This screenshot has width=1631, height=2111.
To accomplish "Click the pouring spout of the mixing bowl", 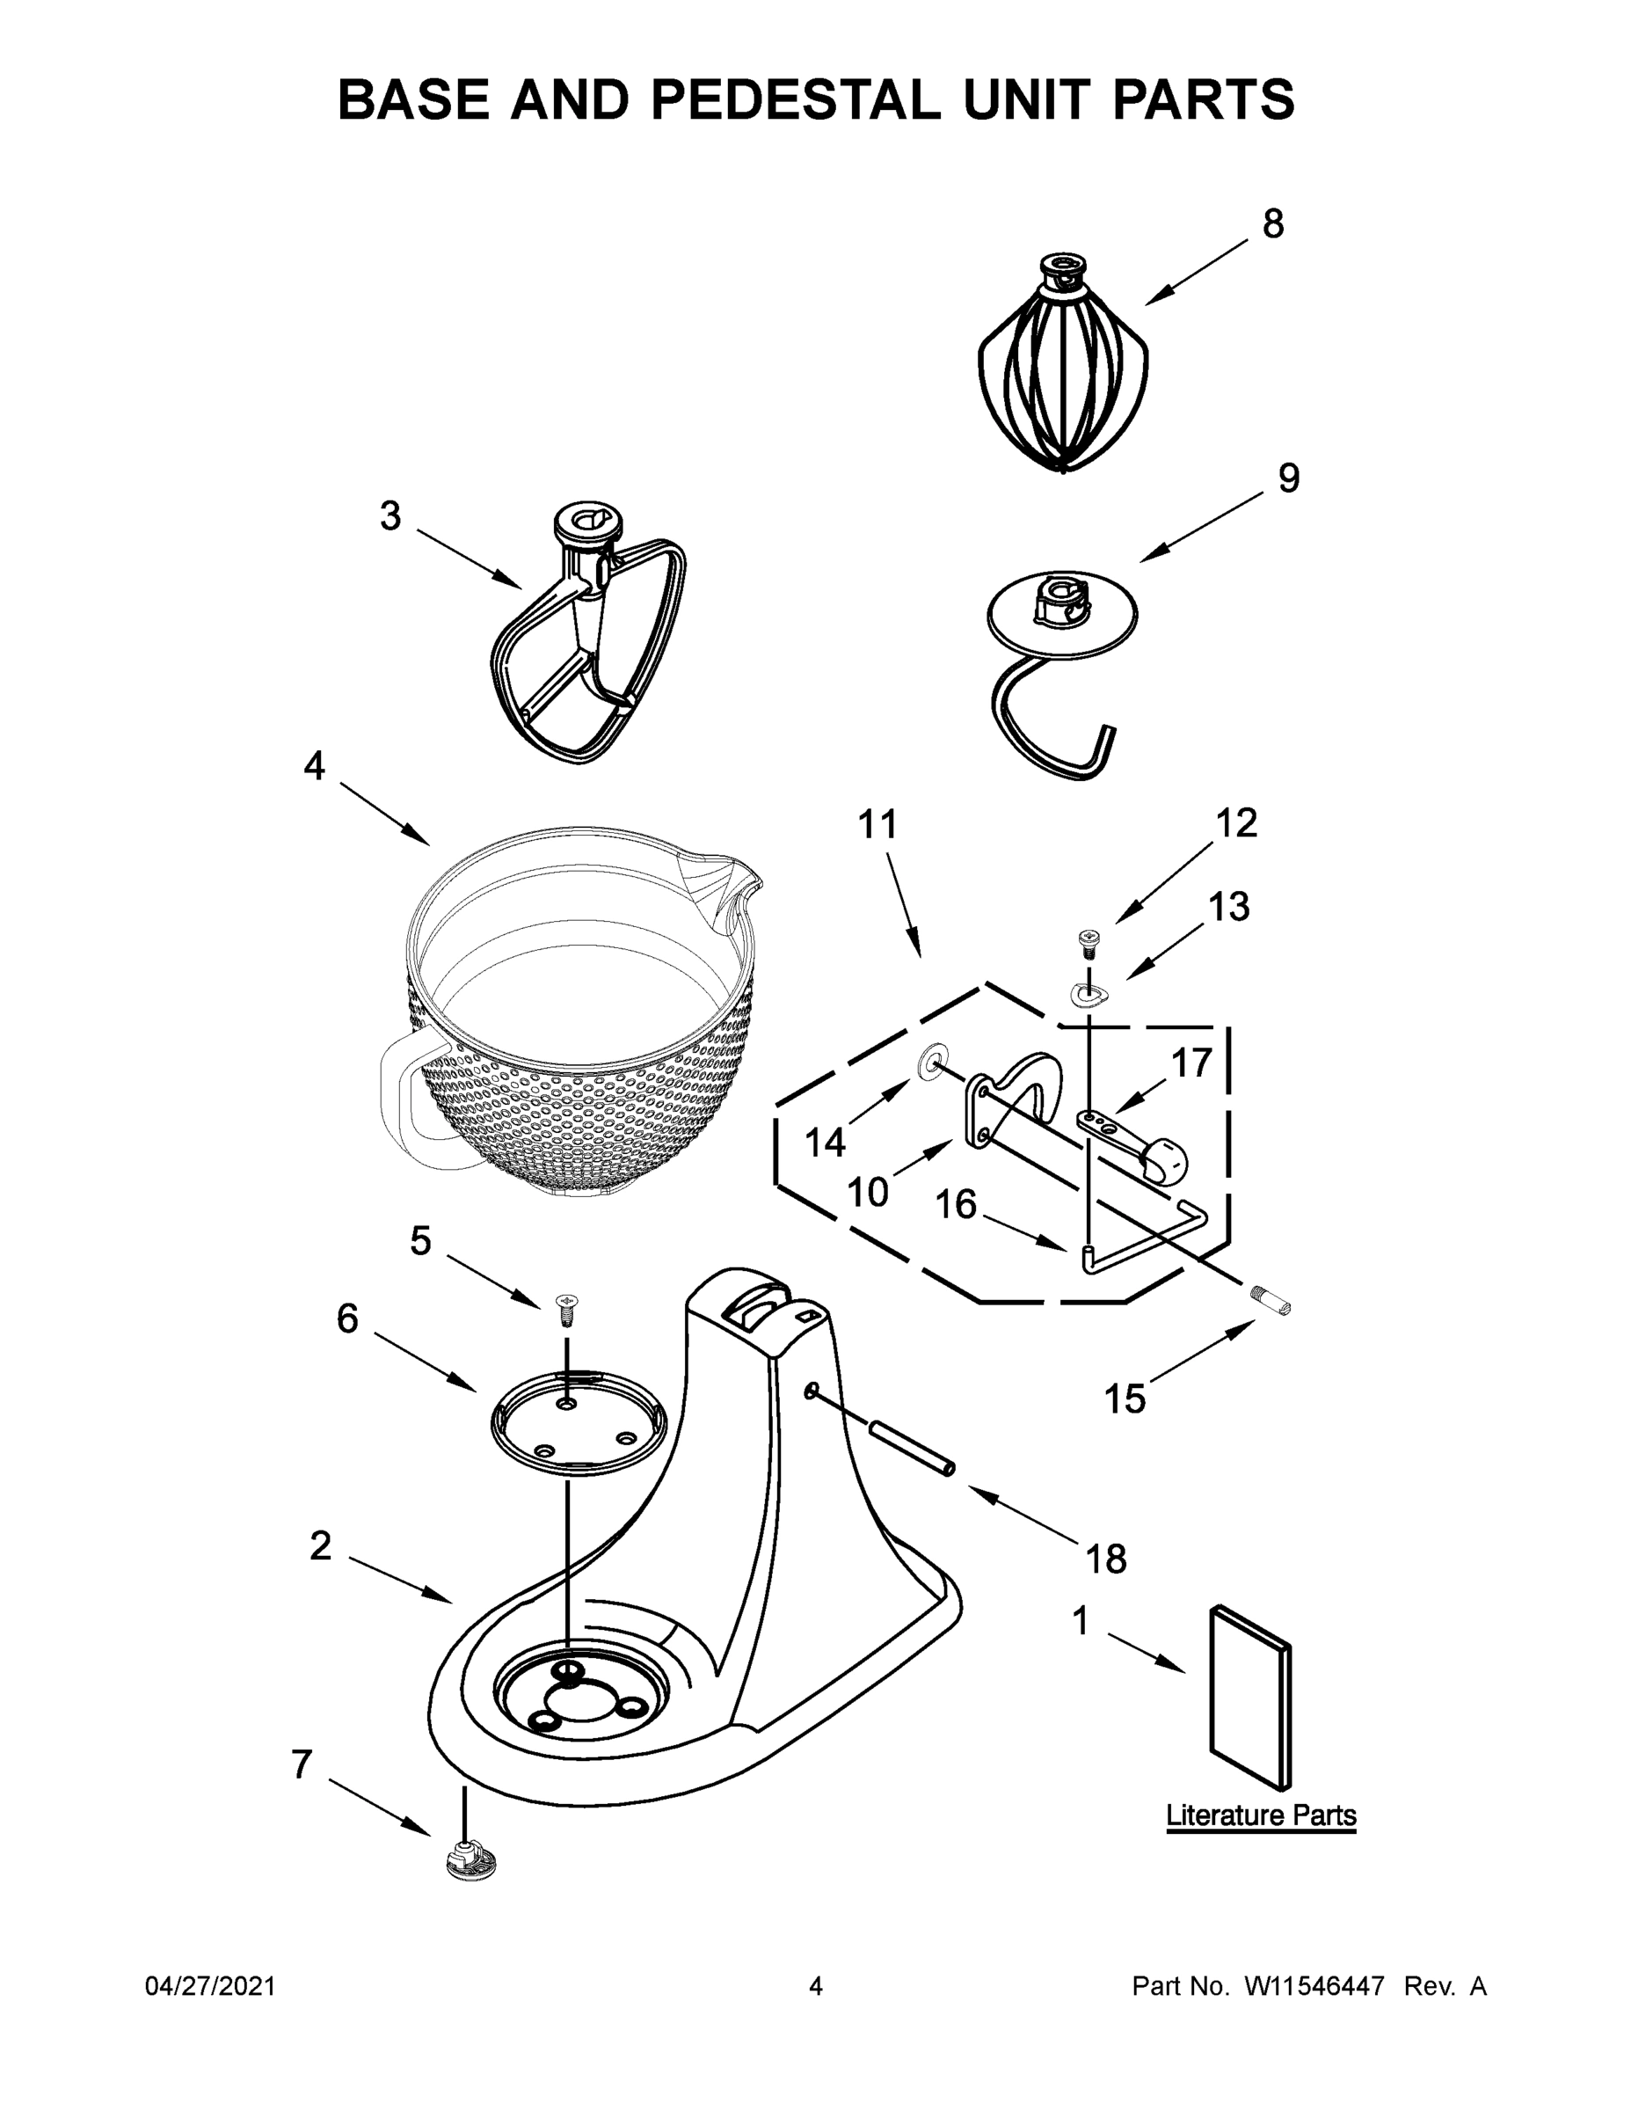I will point(730,884).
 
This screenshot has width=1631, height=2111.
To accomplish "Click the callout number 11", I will point(877,824).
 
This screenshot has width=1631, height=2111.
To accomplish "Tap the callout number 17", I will point(1191,1063).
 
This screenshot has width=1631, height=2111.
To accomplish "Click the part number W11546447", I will point(1314,1986).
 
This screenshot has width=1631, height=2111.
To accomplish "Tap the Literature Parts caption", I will point(1261,1815).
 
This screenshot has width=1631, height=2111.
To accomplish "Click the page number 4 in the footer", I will point(816,1986).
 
